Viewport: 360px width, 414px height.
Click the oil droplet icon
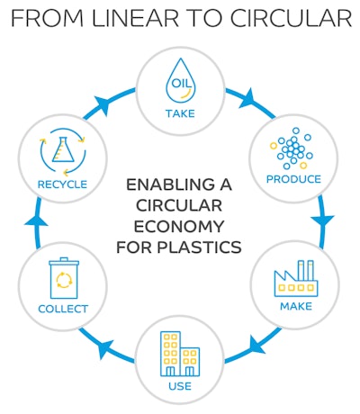(x=180, y=85)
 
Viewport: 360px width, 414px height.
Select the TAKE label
(x=180, y=113)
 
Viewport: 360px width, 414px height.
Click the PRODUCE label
(x=293, y=179)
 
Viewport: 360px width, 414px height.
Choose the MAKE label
(x=296, y=308)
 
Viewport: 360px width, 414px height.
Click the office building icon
(x=180, y=355)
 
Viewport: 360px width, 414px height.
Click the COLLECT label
(x=63, y=308)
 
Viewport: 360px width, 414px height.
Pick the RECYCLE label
(x=62, y=184)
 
